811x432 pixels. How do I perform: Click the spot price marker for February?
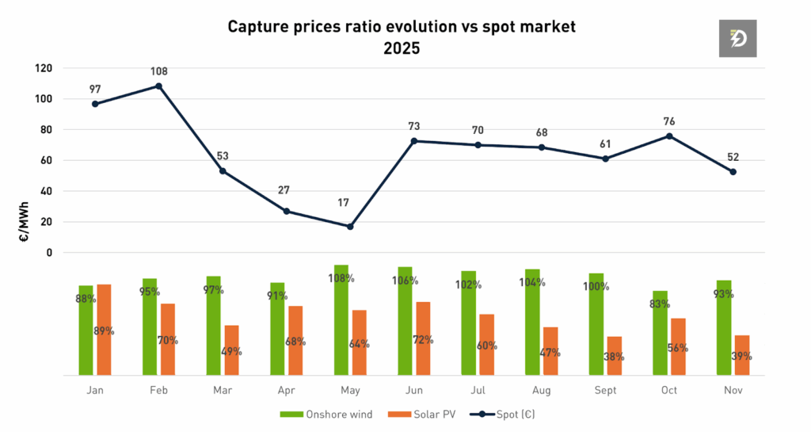coord(158,86)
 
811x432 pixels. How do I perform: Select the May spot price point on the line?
coord(350,227)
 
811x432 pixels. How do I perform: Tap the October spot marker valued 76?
coord(669,136)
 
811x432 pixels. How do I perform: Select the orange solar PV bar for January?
coord(104,329)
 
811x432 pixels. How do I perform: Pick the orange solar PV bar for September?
coord(614,355)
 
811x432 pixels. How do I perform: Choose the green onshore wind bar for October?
coord(660,333)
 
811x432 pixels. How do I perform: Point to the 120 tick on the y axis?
coord(44,68)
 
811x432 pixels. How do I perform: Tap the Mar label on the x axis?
coord(223,390)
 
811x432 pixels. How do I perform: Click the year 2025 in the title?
coord(402,48)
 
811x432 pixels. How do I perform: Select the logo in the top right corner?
coord(738,37)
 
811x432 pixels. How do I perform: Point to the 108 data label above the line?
coord(159,71)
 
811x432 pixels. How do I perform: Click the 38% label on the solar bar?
coord(614,357)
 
